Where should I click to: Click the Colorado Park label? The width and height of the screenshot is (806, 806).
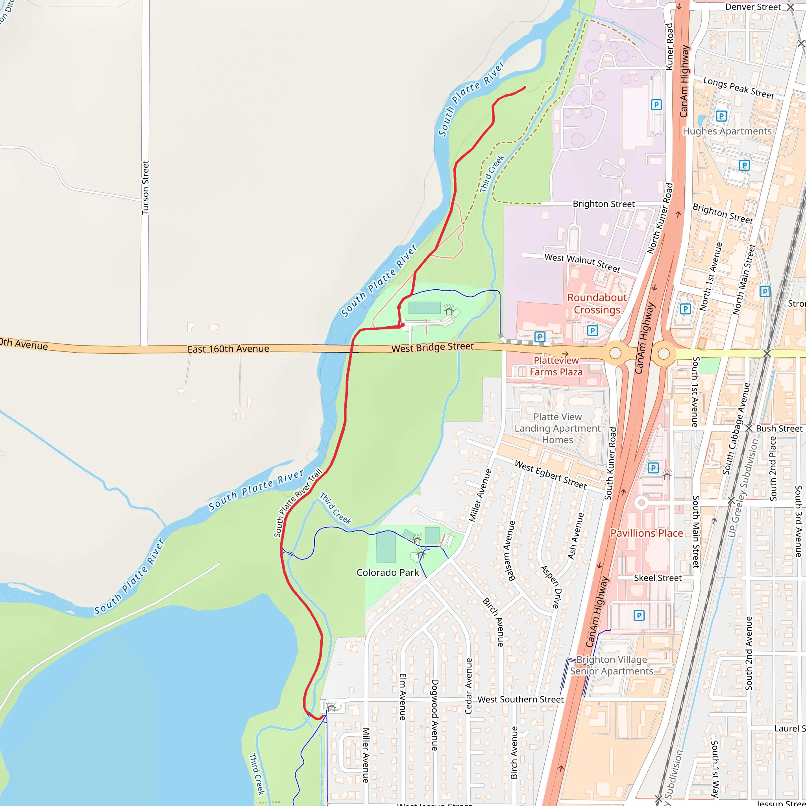coord(388,572)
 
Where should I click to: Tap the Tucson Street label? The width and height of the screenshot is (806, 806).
coord(145,188)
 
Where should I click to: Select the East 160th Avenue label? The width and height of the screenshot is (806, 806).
coord(228,349)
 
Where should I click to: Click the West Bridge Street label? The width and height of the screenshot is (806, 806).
coord(432,347)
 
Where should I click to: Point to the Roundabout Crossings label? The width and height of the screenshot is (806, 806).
coord(597,304)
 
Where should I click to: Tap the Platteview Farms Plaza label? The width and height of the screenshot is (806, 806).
coord(556,366)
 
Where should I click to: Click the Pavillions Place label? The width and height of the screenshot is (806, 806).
coord(646,533)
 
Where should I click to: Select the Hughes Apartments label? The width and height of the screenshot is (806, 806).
coord(727,131)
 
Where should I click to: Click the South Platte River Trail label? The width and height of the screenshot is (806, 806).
coord(298,503)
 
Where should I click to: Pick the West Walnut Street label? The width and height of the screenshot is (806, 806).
coord(582,263)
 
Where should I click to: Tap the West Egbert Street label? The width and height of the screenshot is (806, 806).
coord(550,475)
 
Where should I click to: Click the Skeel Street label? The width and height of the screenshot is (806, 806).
coord(658,578)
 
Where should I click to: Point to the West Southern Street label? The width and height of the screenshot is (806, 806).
coord(520,699)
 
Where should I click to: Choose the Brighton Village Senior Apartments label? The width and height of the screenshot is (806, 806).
coord(612,666)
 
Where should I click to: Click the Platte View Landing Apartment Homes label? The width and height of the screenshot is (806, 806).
coord(557,428)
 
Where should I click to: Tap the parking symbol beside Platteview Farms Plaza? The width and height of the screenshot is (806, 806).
coord(540,336)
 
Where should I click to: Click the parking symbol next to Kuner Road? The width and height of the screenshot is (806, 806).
coord(656,105)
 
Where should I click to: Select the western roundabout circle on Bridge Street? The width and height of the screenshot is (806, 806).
coord(616,353)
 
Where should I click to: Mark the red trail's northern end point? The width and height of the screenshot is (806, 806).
coord(525,87)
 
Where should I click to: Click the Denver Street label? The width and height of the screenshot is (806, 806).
coord(752,7)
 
